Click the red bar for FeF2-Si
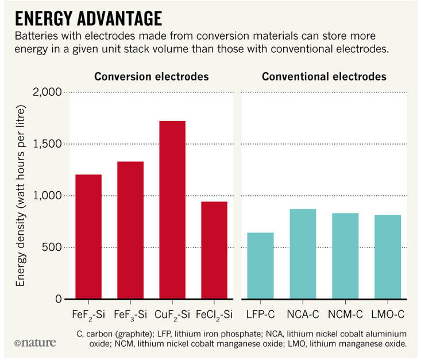[x=88, y=237]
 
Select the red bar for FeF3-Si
[x=130, y=230]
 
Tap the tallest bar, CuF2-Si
[x=172, y=210]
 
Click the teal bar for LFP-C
[x=260, y=266]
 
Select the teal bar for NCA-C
[x=303, y=254]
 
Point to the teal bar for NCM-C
[x=345, y=256]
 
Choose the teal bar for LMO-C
[x=387, y=257]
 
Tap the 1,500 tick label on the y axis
[x=49, y=144]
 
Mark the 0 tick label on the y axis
[x=60, y=299]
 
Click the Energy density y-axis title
[x=21, y=195]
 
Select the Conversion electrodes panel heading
[x=151, y=76]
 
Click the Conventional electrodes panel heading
[x=324, y=76]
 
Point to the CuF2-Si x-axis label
[x=172, y=315]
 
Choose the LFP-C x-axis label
[x=260, y=315]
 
